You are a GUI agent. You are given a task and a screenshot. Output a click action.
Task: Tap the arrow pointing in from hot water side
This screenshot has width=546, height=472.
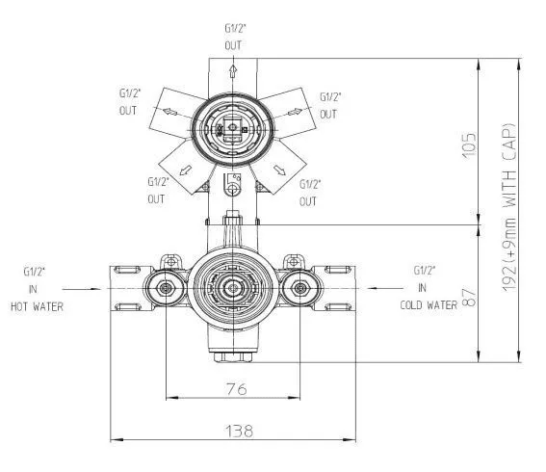(79, 288)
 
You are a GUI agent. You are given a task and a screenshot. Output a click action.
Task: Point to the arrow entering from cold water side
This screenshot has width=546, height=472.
(386, 288)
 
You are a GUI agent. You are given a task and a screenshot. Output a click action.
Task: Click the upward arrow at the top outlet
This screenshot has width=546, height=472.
(233, 72)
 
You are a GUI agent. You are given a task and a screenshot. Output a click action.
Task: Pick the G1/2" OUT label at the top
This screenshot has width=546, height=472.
(232, 37)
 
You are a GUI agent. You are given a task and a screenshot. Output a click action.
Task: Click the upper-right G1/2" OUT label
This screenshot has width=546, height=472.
(329, 105)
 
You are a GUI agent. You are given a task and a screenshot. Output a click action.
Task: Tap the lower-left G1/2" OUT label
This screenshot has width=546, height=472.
(157, 190)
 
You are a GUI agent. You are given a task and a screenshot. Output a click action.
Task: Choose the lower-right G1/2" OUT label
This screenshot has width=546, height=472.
(308, 191)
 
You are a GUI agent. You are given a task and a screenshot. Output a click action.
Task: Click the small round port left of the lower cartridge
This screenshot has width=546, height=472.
(167, 287)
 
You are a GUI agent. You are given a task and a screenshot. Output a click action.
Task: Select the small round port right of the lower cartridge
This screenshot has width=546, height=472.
(300, 287)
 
